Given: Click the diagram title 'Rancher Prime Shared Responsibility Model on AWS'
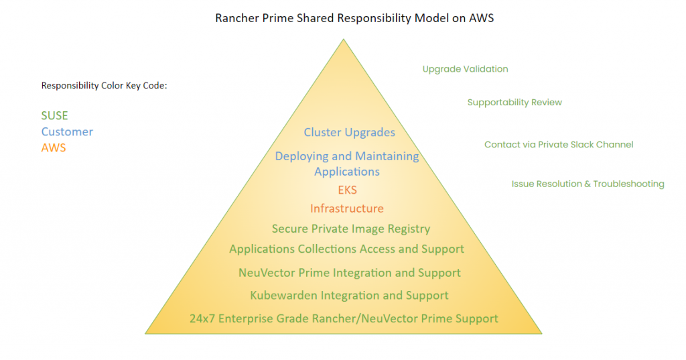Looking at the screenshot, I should (354, 18).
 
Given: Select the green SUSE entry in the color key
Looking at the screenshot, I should (54, 116).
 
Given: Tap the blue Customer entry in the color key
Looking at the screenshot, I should (67, 132).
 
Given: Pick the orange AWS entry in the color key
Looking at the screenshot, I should (54, 148).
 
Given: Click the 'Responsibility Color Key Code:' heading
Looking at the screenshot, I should (104, 86).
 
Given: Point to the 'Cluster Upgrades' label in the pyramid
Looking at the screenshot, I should (349, 132).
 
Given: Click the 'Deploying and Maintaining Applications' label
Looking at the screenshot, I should (347, 164).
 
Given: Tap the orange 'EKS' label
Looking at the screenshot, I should (347, 190).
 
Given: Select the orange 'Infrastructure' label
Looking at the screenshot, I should (347, 208).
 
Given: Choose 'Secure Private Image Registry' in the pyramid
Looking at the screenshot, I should (351, 229).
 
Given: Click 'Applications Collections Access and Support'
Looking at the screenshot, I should (346, 249).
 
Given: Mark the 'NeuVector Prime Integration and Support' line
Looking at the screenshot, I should (349, 273).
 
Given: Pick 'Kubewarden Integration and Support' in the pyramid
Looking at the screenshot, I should (349, 296).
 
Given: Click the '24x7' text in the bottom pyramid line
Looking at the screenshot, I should (202, 319).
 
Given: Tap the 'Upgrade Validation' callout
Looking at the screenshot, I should (465, 69).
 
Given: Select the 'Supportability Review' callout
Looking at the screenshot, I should (514, 103).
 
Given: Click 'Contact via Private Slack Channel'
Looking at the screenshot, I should (559, 145).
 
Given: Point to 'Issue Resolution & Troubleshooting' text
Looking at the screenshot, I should (588, 184).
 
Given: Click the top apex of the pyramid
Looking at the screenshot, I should (344, 40).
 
